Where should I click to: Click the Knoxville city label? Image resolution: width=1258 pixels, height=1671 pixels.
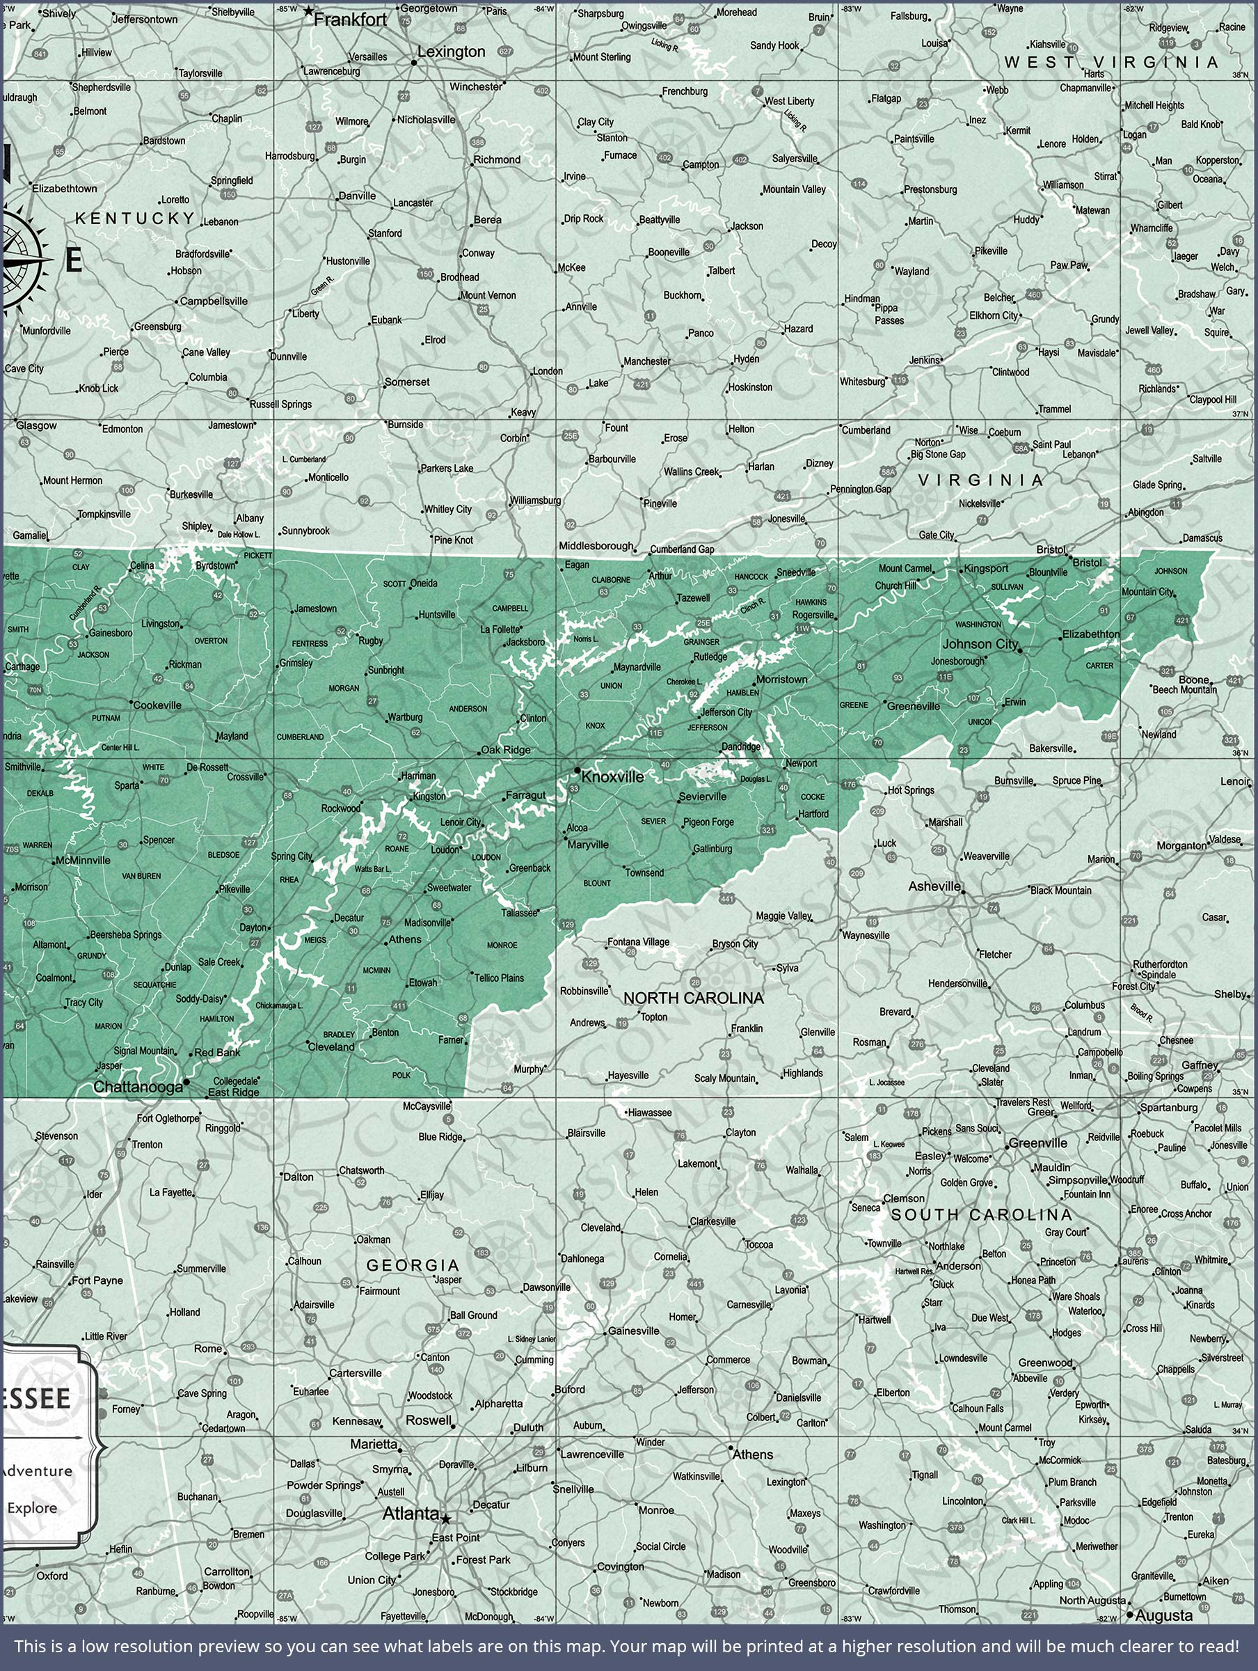(x=612, y=776)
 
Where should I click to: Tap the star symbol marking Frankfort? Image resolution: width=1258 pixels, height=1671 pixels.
(x=308, y=11)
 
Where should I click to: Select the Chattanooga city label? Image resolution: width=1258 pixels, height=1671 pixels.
(x=138, y=1087)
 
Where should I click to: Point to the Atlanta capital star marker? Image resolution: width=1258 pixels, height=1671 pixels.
(x=446, y=1519)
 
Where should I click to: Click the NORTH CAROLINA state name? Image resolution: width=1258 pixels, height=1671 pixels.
(x=693, y=998)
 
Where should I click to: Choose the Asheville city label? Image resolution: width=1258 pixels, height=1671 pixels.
(x=934, y=886)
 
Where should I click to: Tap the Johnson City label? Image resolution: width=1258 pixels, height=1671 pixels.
(x=980, y=643)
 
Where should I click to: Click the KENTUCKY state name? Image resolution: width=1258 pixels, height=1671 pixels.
(x=135, y=219)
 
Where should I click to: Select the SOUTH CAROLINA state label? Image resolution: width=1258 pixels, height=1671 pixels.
(x=981, y=1215)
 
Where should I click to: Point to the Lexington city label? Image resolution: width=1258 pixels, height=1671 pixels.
(x=451, y=52)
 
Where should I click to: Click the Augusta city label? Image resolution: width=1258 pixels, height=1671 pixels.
(x=1163, y=1616)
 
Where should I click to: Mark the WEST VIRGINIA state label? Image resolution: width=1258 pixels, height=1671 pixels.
(x=1110, y=62)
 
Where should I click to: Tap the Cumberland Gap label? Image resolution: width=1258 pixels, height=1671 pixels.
(x=682, y=549)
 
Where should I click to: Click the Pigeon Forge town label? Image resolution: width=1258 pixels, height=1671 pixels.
(x=708, y=822)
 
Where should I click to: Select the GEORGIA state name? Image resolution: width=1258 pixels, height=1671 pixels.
(x=413, y=1264)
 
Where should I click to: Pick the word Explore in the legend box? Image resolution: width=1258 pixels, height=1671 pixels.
(x=33, y=1507)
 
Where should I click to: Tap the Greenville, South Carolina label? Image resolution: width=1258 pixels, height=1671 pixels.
(x=1038, y=1143)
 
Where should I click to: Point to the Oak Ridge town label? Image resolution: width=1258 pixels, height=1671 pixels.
(x=505, y=750)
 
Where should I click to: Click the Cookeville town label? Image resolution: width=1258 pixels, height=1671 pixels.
(x=157, y=705)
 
